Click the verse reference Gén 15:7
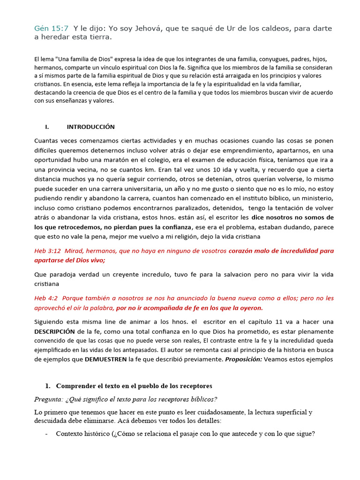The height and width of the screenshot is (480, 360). [x=52, y=29]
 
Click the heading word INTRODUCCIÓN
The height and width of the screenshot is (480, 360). [x=90, y=127]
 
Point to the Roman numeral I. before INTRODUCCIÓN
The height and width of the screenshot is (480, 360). [x=47, y=127]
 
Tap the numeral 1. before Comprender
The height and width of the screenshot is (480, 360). [x=47, y=386]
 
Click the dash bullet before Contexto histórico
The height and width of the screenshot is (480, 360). [x=46, y=434]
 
